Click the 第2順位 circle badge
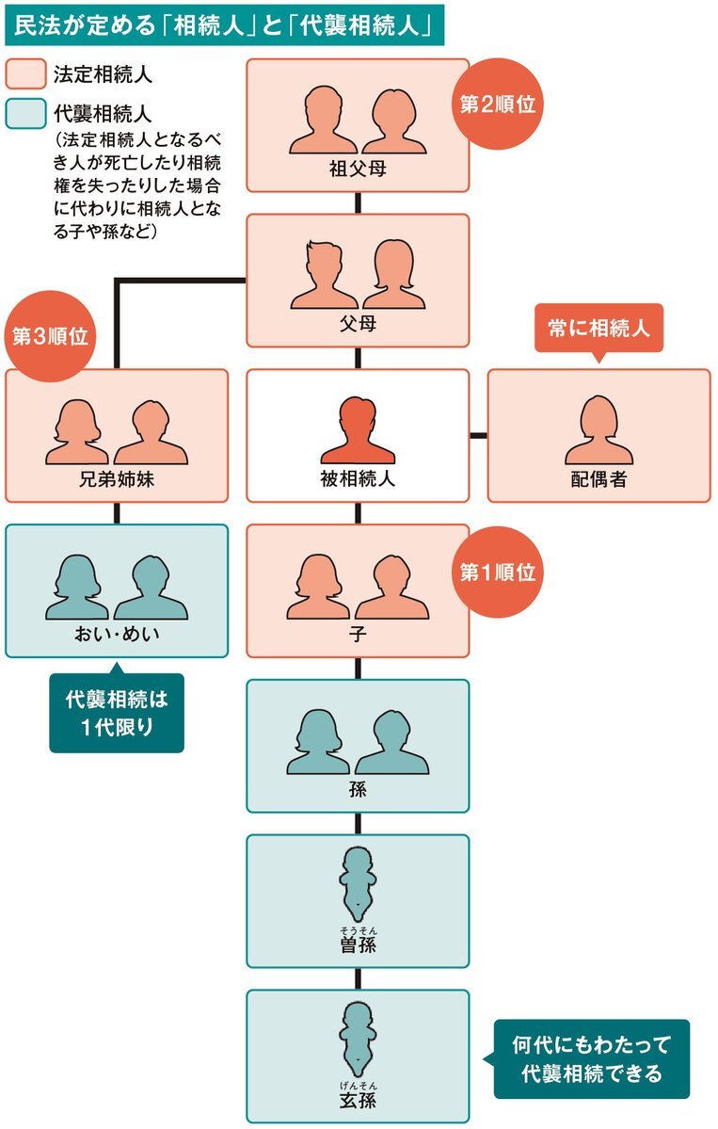[497, 105]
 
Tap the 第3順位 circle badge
[50, 335]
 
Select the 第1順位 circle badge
[497, 572]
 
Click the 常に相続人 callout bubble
[598, 330]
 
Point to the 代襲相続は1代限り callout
[117, 711]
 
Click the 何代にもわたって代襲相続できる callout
[590, 1058]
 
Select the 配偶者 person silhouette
[598, 430]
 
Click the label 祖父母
[358, 169]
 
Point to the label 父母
[358, 323]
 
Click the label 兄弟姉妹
[117, 479]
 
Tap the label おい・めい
[117, 635]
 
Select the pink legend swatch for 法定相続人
[25, 74]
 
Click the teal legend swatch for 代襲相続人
[25, 114]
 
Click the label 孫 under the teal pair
[358, 790]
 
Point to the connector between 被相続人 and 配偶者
[478, 436]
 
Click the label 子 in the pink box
[358, 635]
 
